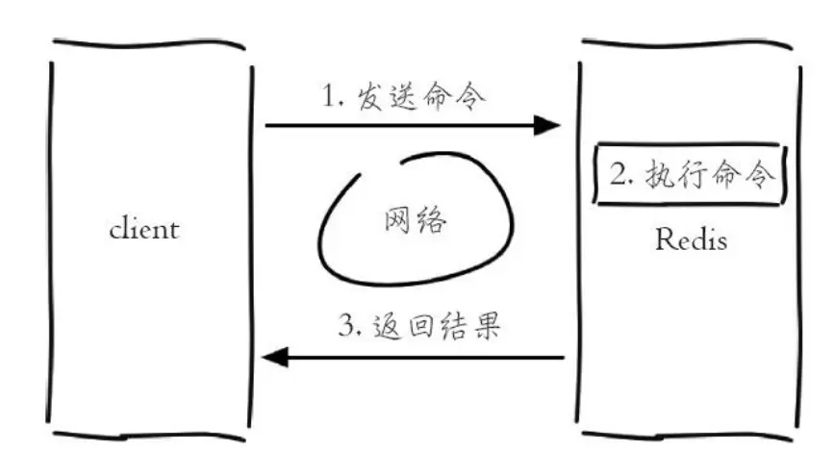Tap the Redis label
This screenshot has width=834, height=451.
click(x=690, y=239)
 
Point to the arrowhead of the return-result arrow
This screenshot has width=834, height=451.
click(x=277, y=357)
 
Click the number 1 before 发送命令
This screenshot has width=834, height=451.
click(x=332, y=97)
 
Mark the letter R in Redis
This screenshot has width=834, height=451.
click(x=664, y=239)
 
